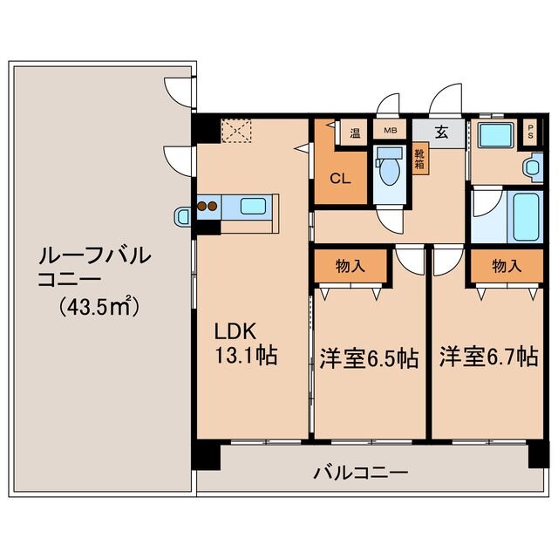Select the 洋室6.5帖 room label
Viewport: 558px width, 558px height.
(x=368, y=357)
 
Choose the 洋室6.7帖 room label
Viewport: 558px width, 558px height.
(x=487, y=357)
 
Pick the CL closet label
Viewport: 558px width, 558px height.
(x=340, y=179)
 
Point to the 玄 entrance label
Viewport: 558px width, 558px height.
(x=441, y=133)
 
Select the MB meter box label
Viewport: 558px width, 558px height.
(x=391, y=133)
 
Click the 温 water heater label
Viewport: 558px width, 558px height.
(x=355, y=133)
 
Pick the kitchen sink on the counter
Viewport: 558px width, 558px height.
(x=253, y=207)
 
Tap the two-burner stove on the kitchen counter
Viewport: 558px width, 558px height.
(x=207, y=207)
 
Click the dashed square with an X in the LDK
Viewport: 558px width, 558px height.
(x=235, y=132)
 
